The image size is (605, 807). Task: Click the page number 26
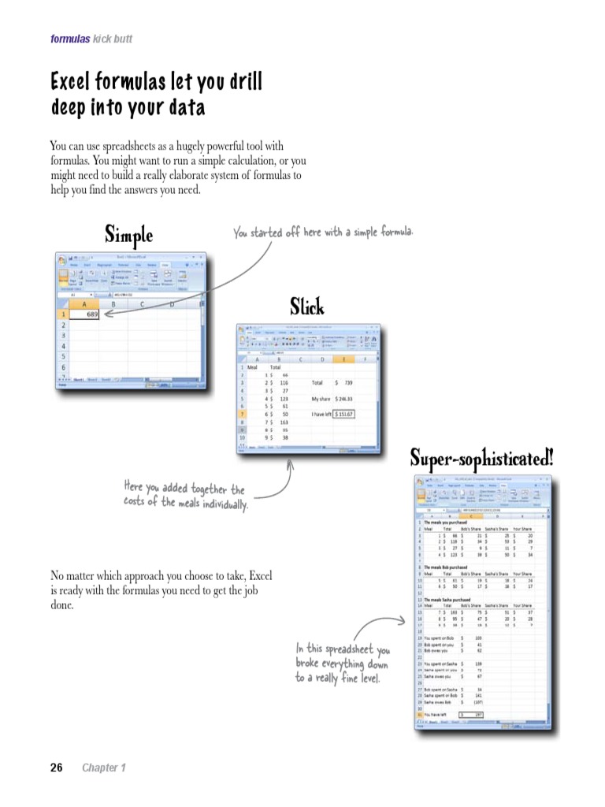coord(56,768)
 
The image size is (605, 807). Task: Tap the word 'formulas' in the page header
coord(69,39)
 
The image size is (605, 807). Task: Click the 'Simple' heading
coord(128,234)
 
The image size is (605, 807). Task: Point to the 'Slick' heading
coord(306,306)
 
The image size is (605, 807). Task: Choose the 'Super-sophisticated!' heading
coord(481,456)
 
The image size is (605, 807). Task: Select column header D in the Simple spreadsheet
coord(172,303)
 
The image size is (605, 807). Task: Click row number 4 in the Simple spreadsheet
coord(63,346)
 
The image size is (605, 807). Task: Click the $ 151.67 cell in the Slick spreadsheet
coord(344,414)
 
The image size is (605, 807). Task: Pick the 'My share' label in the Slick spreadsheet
coord(321,398)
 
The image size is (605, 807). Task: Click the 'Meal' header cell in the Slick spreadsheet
coord(253,367)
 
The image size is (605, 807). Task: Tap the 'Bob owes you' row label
coord(437,650)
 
